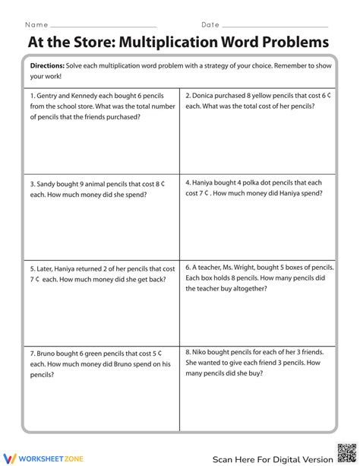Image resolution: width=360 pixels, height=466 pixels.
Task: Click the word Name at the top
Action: coord(36,24)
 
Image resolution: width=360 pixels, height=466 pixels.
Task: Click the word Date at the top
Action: coord(210,24)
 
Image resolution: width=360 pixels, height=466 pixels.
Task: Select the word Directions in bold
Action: coord(47,66)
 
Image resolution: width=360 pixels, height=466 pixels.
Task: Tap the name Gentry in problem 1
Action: coord(49,97)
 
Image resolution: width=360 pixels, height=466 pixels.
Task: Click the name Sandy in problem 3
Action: coord(48,183)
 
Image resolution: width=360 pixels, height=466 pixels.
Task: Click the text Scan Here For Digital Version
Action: coord(272,459)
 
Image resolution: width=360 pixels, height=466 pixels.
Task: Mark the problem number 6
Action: coord(188,268)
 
